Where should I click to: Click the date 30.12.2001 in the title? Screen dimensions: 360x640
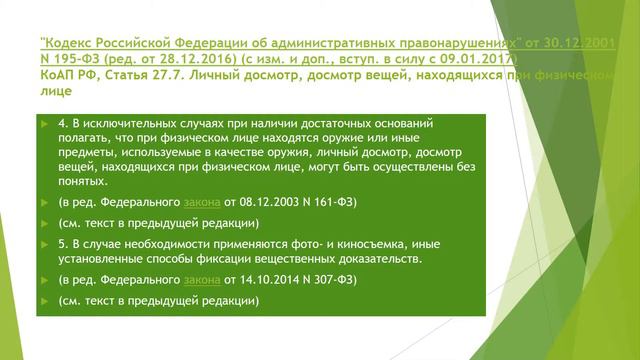click(576, 45)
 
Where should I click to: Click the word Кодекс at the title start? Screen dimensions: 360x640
click(69, 45)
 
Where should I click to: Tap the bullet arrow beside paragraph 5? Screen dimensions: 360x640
click(48, 241)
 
